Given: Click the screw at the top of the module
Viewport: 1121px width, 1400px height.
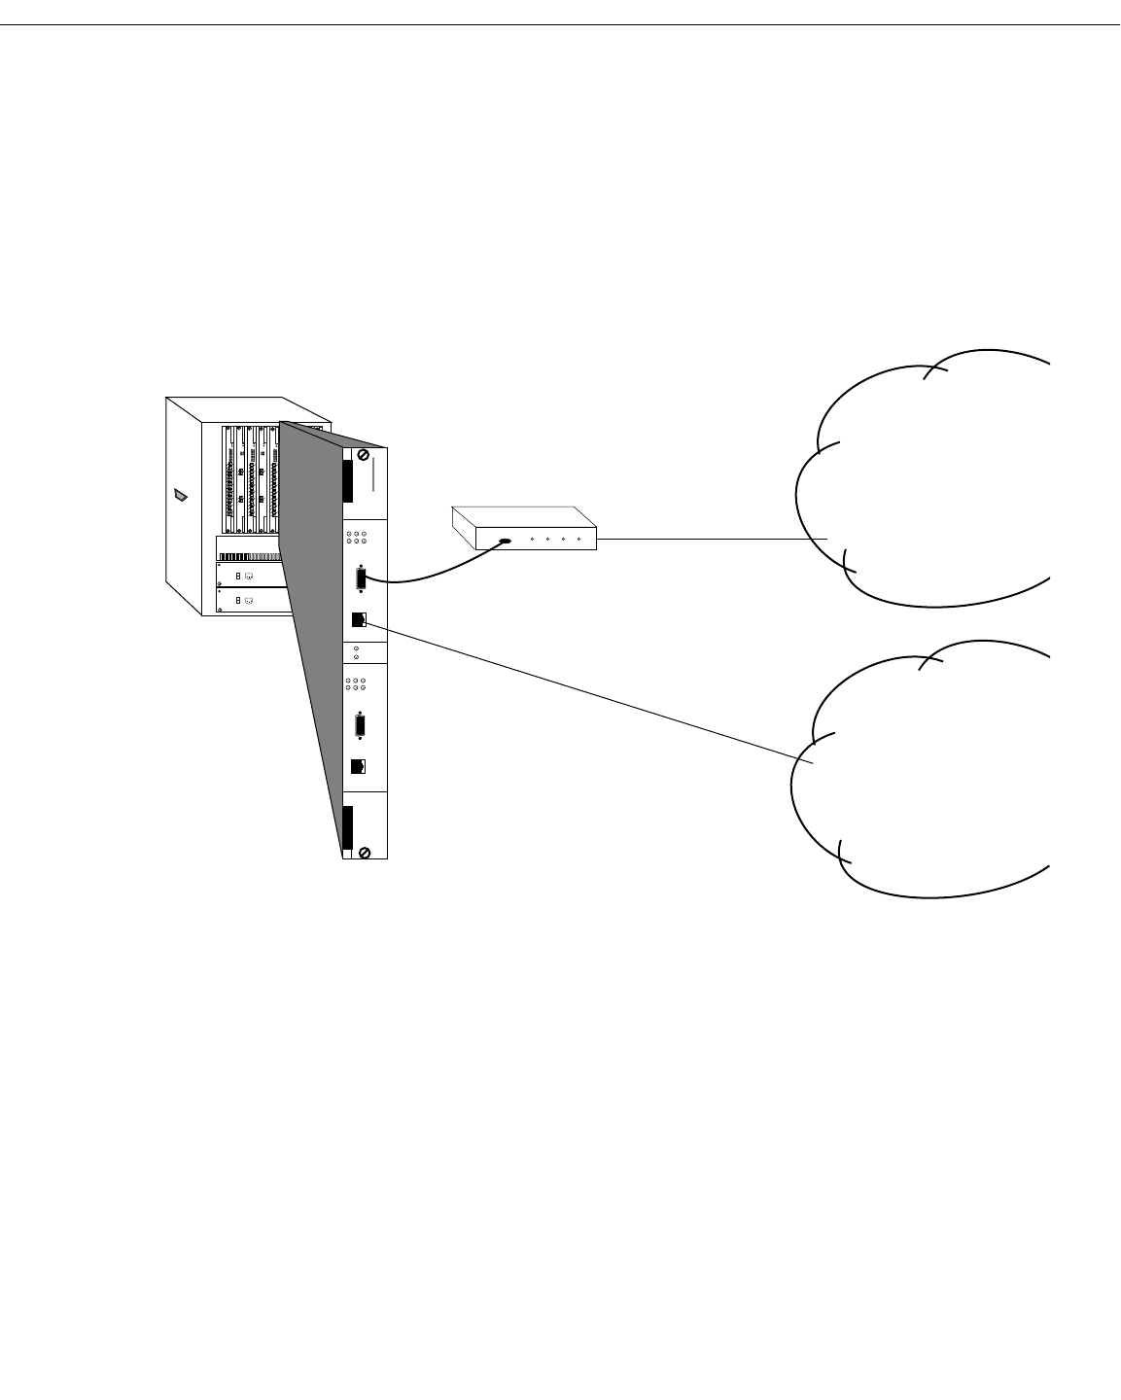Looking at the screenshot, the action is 364,455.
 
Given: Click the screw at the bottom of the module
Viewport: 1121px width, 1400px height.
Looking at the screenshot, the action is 364,853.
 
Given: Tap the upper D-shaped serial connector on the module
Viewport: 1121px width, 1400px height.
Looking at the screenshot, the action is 361,578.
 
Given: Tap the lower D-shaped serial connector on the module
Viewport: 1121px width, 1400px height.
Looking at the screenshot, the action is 361,726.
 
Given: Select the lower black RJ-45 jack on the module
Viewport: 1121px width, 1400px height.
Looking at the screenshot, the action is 358,766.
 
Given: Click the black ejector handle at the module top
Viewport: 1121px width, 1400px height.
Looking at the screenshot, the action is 347,481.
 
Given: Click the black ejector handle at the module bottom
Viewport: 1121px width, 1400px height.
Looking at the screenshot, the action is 347,827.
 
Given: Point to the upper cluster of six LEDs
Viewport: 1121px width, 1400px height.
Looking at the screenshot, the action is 356,537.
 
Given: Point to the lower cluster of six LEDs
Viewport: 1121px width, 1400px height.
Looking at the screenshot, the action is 356,684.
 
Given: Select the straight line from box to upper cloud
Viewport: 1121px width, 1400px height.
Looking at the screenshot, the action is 710,539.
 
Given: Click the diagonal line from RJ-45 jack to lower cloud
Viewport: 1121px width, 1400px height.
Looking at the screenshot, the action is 583,691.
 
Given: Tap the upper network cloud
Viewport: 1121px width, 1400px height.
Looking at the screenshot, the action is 933,476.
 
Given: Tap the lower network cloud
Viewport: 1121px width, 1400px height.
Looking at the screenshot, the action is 933,768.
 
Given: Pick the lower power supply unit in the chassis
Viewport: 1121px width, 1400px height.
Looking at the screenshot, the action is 253,601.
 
